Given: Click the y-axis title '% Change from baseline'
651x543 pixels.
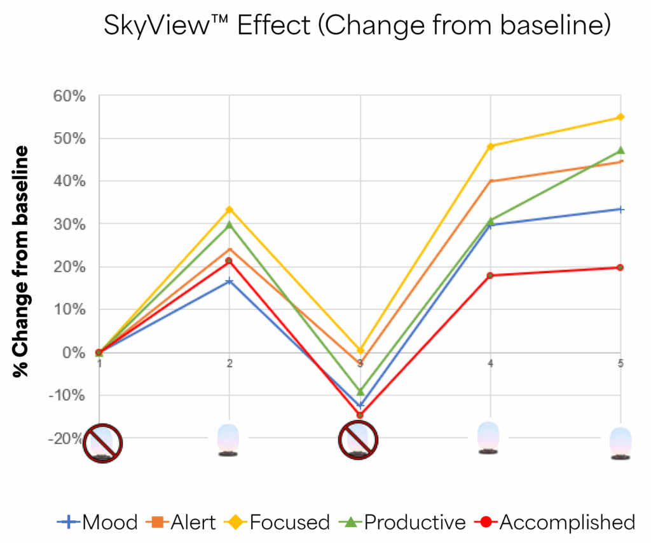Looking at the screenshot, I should (22, 261).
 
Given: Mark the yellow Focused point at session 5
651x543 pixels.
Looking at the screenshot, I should (620, 117).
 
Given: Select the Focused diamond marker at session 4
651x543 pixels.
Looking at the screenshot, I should (490, 146).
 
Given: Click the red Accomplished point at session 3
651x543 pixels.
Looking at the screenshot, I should (360, 415).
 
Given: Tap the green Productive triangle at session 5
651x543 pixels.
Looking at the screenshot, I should (620, 151).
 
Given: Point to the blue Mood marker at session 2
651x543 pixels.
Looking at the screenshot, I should (229, 281).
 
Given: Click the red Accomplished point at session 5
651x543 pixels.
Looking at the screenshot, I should (620, 267).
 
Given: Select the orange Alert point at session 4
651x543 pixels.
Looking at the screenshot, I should (490, 181).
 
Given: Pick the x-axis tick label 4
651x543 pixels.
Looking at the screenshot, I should (490, 363).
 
